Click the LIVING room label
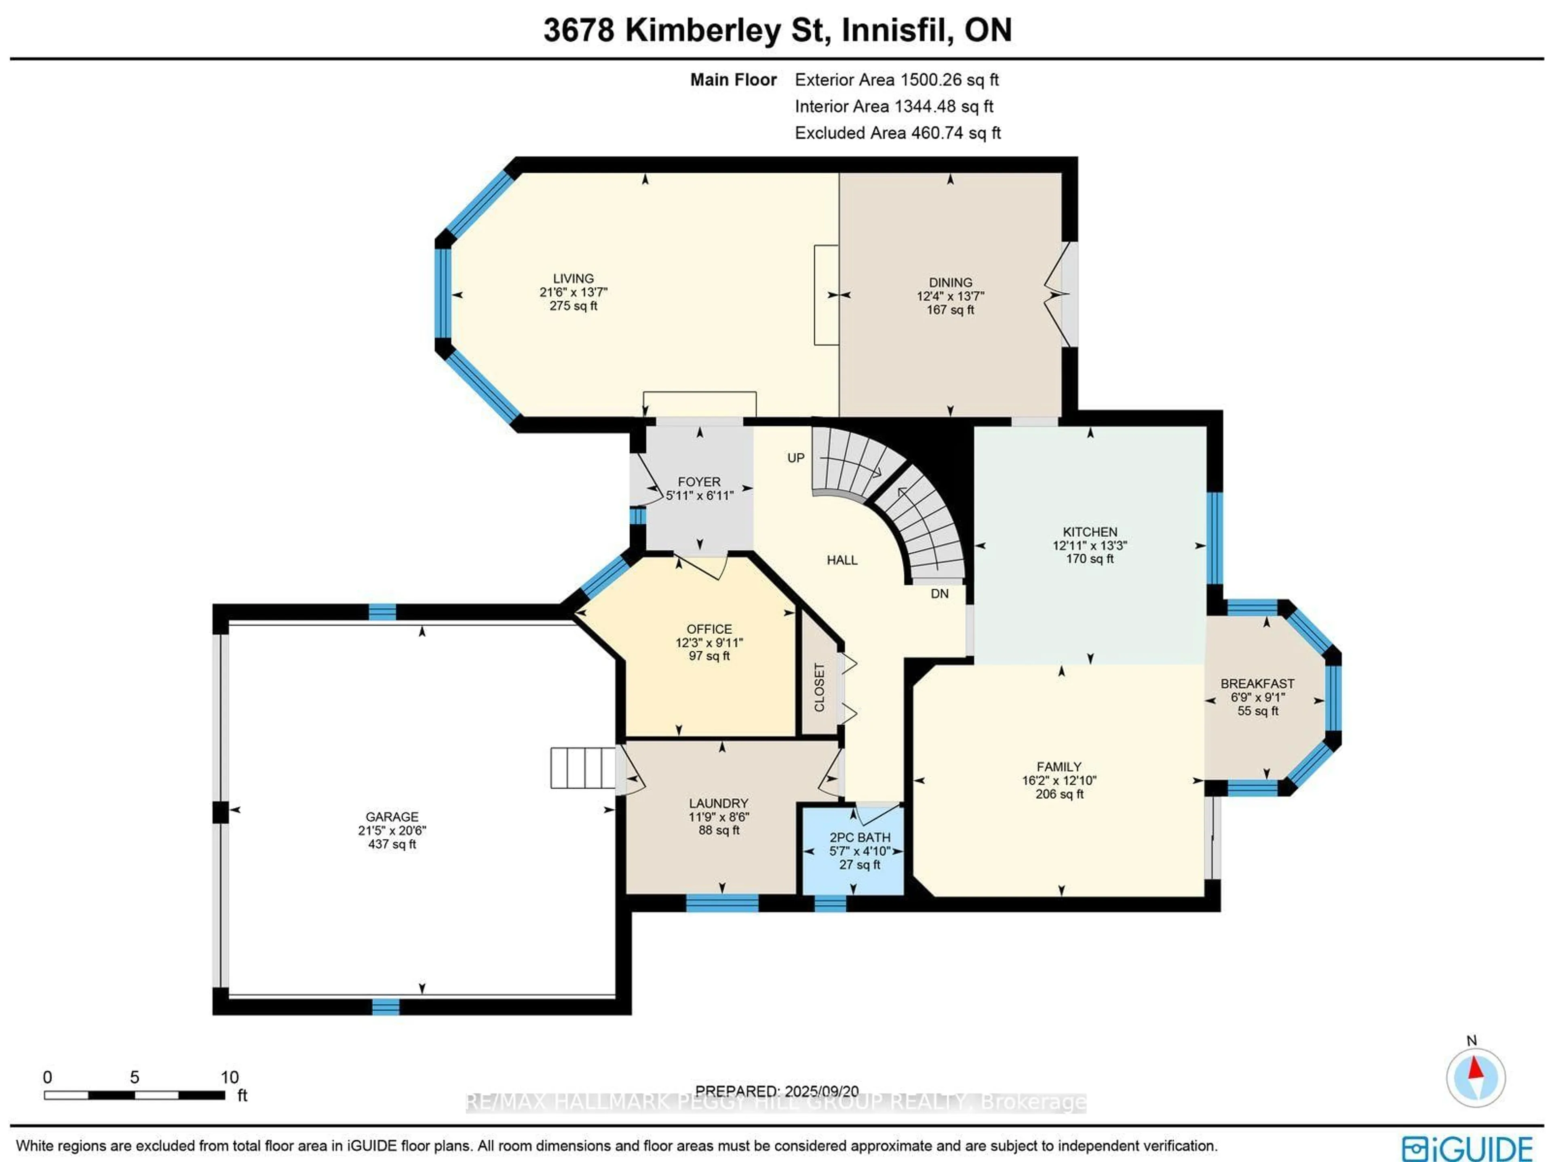pos(573,278)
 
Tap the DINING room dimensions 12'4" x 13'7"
pos(950,296)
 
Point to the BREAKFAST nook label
pos(1257,683)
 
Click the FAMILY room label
pos(1059,767)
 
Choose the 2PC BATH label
pos(860,837)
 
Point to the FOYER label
pos(699,482)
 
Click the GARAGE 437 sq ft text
pos(392,844)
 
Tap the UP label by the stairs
pos(796,458)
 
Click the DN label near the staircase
pos(939,594)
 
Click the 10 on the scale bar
pos(230,1077)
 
